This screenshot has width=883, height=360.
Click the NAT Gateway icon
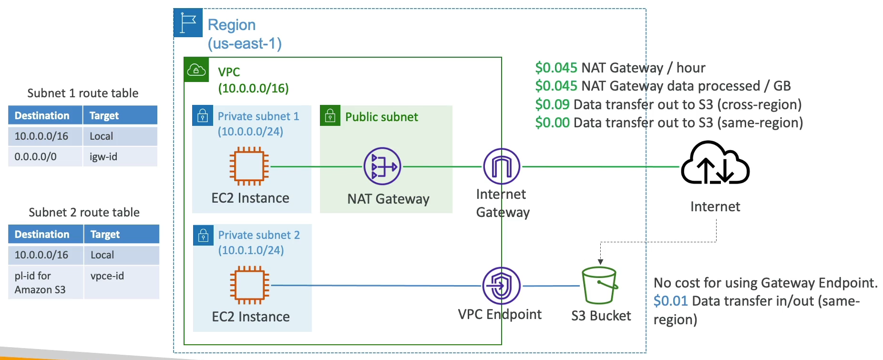pos(382,166)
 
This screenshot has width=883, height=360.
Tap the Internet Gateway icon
pos(502,166)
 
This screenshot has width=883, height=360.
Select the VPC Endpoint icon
pos(501,286)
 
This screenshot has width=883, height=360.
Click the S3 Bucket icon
pos(600,285)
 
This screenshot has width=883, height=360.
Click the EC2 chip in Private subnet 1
pos(249,166)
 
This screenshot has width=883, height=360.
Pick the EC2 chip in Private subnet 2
pos(249,285)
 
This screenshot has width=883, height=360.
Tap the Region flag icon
pos(188,22)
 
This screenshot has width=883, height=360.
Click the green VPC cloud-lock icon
pos(196,70)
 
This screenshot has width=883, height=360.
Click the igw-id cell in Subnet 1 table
pos(103,156)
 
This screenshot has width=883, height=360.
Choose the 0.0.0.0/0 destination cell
pos(36,156)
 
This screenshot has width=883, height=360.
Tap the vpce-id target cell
pos(107,276)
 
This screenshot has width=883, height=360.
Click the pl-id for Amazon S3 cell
pos(40,282)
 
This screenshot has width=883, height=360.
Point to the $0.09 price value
pos(552,104)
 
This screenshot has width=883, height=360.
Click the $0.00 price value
pos(552,123)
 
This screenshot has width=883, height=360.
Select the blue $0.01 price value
pos(670,301)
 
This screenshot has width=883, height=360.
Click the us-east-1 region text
pos(245,43)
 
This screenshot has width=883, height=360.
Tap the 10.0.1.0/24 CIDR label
pos(251,250)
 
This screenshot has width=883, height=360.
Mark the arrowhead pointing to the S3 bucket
pos(600,262)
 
